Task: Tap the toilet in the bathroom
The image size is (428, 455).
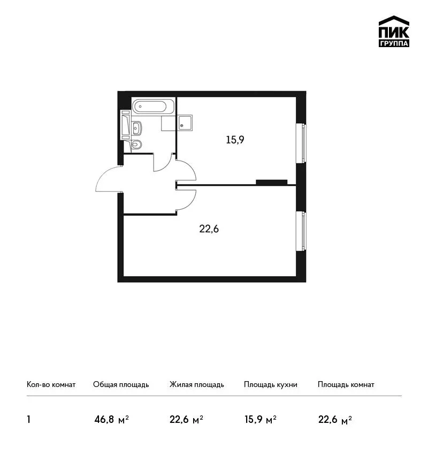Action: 136,144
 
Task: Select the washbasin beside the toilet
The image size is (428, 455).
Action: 136,128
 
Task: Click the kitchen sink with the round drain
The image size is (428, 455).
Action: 185,123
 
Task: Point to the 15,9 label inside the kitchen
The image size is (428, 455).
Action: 235,140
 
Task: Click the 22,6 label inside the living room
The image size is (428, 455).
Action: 209,229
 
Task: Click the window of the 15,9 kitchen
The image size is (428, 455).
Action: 301,143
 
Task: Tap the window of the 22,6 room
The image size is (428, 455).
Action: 301,231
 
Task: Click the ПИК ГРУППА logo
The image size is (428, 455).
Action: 394,32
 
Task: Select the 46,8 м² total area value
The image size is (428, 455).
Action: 111,420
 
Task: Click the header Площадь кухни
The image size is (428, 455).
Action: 270,385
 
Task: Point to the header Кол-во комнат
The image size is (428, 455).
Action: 51,384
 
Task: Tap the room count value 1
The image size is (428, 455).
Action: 28,419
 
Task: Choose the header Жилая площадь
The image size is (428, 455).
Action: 196,385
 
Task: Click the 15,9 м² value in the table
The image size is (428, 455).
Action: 261,420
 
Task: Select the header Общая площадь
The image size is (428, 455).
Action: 121,385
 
